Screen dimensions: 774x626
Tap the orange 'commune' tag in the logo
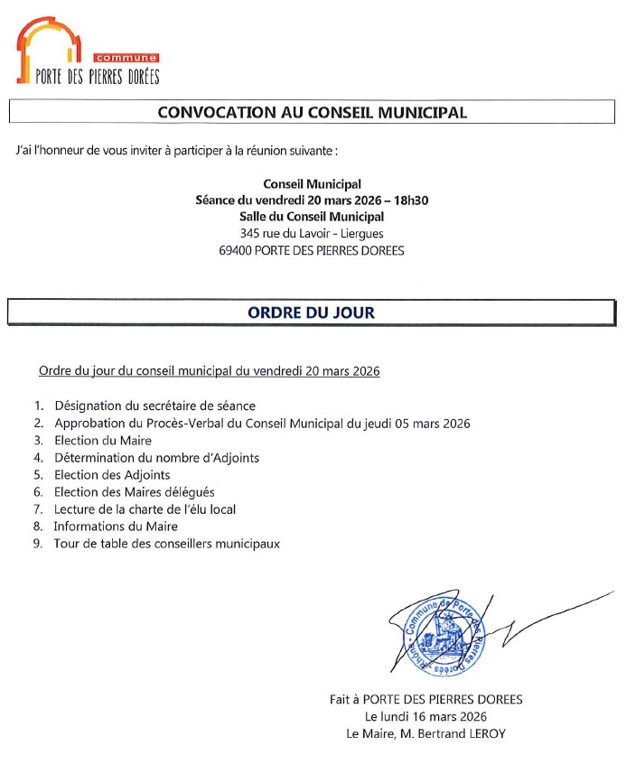click(132, 58)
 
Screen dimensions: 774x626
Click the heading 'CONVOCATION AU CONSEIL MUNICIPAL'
click(312, 113)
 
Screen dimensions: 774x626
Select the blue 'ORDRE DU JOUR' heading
click(312, 312)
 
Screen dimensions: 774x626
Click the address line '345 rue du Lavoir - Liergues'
click(312, 233)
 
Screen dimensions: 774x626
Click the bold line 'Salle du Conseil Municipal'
click(312, 217)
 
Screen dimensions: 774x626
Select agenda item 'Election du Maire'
click(102, 441)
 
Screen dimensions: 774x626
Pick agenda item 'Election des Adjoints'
click(112, 475)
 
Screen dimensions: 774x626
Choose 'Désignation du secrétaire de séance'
click(154, 406)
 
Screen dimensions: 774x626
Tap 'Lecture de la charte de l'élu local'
click(145, 509)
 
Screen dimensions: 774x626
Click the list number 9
click(38, 544)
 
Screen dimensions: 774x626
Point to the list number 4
click(38, 458)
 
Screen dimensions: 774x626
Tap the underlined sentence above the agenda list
click(209, 371)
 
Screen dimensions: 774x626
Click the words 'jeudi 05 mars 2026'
click(418, 424)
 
